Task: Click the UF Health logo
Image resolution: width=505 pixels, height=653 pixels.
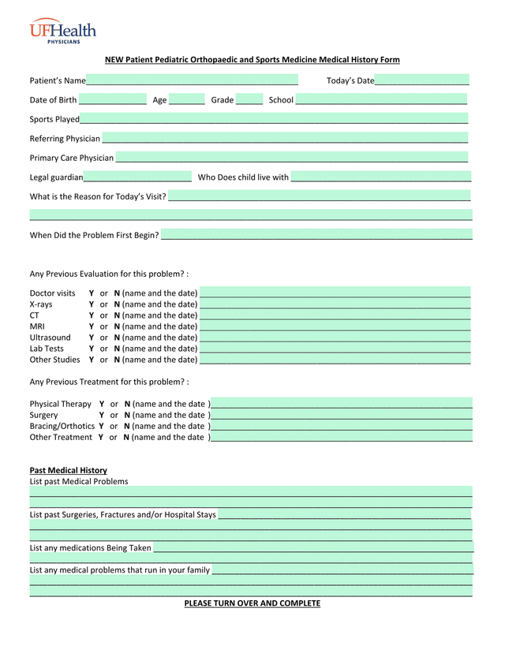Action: (63, 32)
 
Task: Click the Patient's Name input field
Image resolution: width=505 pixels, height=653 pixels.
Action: (192, 80)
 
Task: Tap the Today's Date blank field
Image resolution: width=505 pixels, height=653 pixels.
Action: (421, 80)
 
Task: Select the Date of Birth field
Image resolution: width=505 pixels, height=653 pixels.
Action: (112, 99)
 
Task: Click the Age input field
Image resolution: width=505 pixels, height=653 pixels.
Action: (186, 99)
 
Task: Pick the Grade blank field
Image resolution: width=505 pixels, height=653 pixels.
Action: (249, 99)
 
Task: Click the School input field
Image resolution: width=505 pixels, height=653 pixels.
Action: (381, 99)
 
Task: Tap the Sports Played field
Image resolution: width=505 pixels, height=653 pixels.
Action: (274, 119)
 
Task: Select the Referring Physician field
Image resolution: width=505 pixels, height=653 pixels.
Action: (285, 138)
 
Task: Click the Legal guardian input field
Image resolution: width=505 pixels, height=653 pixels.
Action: (137, 177)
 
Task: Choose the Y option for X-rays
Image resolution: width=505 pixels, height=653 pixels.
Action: (92, 304)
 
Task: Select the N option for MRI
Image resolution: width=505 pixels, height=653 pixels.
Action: (117, 326)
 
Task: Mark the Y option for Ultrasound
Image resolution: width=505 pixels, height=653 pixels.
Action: (92, 338)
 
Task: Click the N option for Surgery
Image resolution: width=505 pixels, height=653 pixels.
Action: (127, 415)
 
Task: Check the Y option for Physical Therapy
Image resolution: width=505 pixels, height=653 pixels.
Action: (102, 404)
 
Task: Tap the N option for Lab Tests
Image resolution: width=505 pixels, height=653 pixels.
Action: (117, 349)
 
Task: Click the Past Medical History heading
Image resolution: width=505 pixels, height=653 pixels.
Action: (68, 470)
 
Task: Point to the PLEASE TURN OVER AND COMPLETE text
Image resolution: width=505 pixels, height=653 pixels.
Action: (252, 603)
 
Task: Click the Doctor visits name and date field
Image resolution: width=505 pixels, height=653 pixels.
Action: (335, 293)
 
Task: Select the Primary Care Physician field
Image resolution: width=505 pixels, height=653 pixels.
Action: (292, 158)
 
